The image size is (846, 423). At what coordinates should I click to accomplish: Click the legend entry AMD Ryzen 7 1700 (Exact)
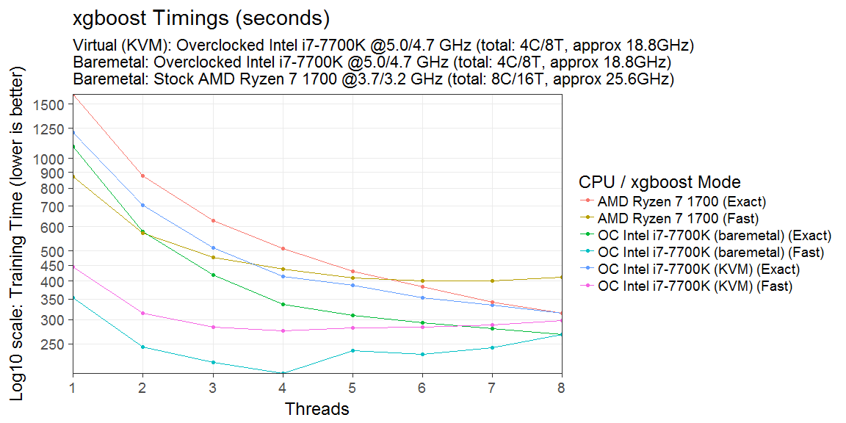click(x=681, y=201)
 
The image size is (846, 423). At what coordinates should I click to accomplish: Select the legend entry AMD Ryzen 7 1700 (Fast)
click(x=678, y=218)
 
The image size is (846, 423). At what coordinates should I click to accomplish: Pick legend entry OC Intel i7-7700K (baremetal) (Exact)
click(x=715, y=236)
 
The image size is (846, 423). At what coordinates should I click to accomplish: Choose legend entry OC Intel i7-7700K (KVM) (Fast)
click(x=695, y=286)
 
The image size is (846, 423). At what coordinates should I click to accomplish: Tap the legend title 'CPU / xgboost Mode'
click(x=659, y=182)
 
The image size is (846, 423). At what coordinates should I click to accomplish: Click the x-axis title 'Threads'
click(x=317, y=408)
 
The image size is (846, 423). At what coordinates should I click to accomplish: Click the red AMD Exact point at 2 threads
click(x=142, y=176)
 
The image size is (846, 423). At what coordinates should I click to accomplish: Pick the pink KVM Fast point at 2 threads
click(x=142, y=314)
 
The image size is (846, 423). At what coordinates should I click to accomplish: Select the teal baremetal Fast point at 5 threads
click(x=352, y=350)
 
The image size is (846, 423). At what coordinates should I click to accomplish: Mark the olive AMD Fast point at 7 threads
click(x=492, y=281)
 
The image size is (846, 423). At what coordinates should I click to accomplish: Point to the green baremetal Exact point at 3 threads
click(x=212, y=275)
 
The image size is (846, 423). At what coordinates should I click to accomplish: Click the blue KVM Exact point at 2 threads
click(x=142, y=205)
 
